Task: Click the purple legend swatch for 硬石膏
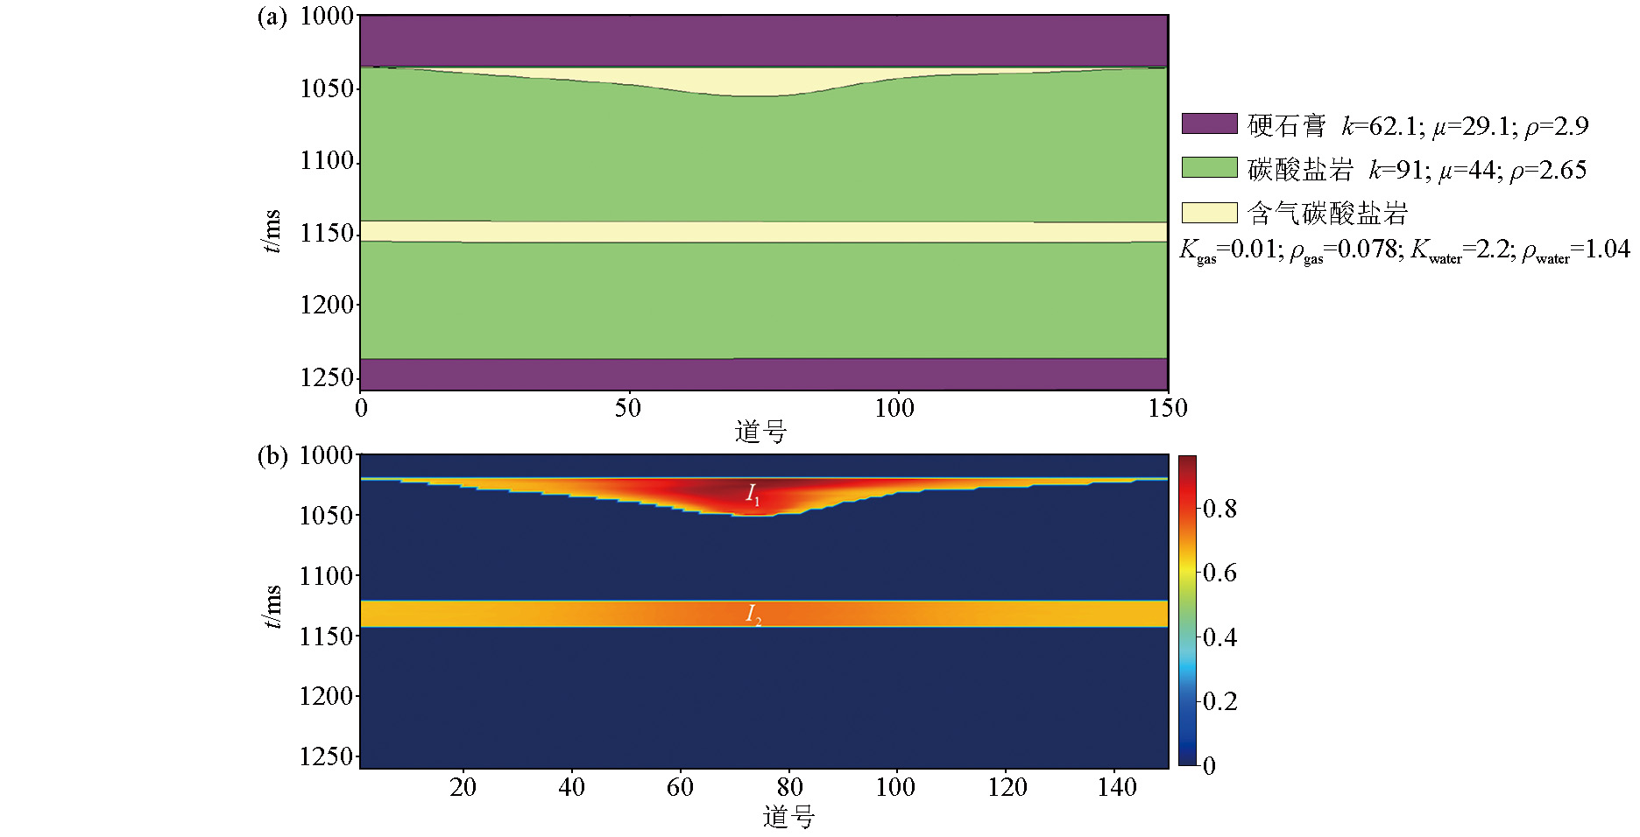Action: (x=1209, y=123)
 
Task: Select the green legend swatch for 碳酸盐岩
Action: (x=1209, y=167)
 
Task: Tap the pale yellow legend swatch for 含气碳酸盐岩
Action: (x=1209, y=212)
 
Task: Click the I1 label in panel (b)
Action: (x=753, y=495)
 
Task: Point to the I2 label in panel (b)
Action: (x=753, y=615)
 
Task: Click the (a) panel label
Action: (x=272, y=17)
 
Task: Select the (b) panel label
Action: (x=272, y=456)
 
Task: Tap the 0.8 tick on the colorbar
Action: (x=1220, y=509)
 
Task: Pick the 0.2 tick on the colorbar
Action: (x=1220, y=701)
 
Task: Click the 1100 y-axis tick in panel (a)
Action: (x=327, y=161)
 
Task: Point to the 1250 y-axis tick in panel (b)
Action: (x=327, y=756)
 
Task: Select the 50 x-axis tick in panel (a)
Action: (x=627, y=408)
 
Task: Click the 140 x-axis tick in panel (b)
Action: (x=1117, y=787)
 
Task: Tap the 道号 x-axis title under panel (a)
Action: (x=760, y=432)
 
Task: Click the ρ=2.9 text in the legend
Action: (x=1557, y=127)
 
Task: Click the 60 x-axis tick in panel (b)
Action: (x=680, y=787)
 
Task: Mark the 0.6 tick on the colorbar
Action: (x=1220, y=573)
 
